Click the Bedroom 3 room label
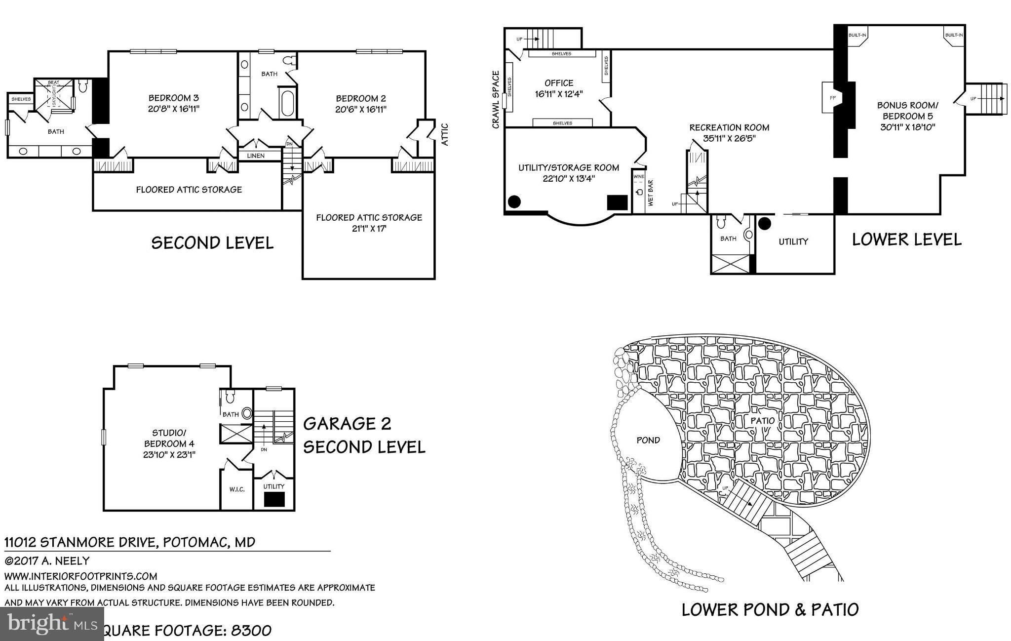coord(174,98)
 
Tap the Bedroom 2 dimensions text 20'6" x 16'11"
coord(360,109)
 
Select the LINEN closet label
coord(255,156)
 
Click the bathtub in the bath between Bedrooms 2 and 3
coord(287,103)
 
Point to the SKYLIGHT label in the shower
coord(54,97)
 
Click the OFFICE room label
coord(559,83)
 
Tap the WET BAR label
coord(650,193)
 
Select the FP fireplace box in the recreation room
coord(832,98)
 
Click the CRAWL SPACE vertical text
coord(496,100)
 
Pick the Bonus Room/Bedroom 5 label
coord(907,111)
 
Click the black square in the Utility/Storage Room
coord(617,202)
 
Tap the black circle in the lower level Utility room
coord(764,224)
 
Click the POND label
coord(648,440)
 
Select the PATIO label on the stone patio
coord(762,421)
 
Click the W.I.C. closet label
coord(237,489)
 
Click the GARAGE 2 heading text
coord(347,424)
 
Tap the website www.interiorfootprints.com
coord(81,576)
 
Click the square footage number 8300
coord(251,631)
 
